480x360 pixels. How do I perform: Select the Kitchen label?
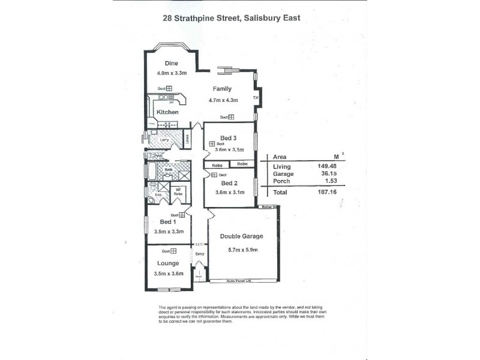click(167, 112)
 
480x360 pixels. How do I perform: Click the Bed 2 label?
click(229, 183)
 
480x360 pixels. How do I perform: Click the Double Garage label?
click(242, 236)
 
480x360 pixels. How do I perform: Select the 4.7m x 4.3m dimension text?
click(224, 101)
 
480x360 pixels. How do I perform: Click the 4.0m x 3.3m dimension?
click(172, 73)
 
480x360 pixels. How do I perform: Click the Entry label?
click(199, 254)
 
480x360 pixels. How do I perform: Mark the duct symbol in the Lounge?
click(173, 251)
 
